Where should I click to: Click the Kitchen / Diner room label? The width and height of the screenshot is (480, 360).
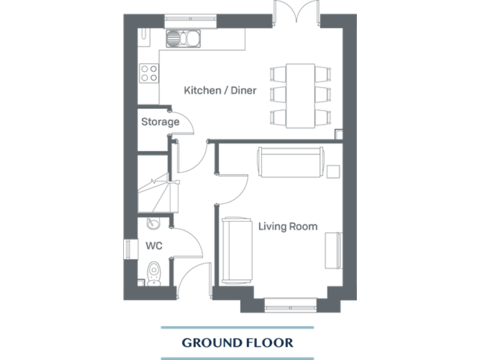tap(220, 91)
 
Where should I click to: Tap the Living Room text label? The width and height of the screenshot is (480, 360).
tap(287, 226)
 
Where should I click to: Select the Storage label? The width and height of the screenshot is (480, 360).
tap(160, 122)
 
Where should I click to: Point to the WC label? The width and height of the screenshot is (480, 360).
tap(154, 246)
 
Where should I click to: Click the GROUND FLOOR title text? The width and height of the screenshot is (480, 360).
tap(237, 342)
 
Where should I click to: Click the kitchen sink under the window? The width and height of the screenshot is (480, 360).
tap(183, 39)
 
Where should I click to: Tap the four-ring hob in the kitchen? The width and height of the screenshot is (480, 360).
tap(149, 74)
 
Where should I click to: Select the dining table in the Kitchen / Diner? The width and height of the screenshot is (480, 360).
tap(300, 95)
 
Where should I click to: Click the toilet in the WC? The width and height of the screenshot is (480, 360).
tap(154, 273)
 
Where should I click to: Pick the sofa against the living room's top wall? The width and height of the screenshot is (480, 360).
tap(289, 162)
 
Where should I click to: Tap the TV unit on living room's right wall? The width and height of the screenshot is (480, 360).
tap(333, 250)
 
